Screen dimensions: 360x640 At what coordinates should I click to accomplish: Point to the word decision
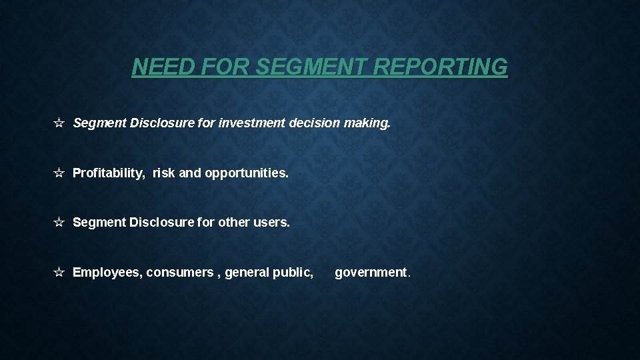315,123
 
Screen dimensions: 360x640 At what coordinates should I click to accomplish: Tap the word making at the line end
367,123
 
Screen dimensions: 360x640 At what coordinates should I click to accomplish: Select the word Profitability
108,173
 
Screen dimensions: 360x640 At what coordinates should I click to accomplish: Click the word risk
164,173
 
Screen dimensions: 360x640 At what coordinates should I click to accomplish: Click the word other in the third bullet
233,222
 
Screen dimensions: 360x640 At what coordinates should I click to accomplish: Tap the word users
271,222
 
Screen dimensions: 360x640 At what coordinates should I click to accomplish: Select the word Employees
107,272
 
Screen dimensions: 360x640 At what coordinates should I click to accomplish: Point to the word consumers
179,272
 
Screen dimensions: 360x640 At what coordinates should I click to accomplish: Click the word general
245,272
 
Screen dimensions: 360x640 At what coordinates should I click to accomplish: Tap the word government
372,272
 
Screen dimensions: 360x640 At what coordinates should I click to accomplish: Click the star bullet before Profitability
59,173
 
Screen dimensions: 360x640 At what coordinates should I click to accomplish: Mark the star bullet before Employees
59,272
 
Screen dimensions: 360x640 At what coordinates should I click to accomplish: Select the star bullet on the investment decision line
59,123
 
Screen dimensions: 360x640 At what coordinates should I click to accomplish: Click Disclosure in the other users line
161,222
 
